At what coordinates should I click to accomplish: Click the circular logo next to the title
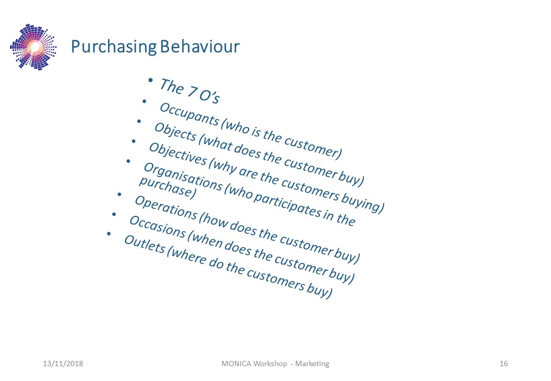tap(33, 47)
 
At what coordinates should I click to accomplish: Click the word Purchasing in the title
tap(113, 47)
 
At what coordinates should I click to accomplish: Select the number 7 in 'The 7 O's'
tap(192, 92)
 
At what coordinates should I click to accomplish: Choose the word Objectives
tap(178, 154)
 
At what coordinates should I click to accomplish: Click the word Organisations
tap(183, 177)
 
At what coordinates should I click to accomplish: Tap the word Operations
tap(166, 207)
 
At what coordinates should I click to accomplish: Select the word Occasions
tap(157, 226)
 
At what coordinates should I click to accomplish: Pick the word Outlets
tap(145, 244)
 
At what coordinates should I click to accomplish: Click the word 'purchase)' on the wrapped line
tap(167, 188)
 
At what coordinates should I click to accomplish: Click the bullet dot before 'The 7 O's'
tap(150, 80)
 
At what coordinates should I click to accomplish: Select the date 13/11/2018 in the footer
tap(63, 364)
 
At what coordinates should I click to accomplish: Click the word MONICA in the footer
tap(236, 364)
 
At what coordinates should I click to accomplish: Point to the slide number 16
tap(503, 364)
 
